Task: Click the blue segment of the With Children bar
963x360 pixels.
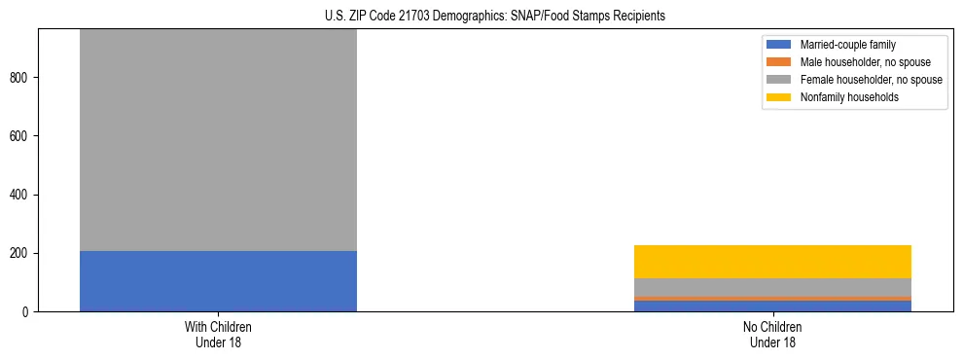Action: [x=218, y=281]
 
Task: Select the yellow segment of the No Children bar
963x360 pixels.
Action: [x=772, y=262]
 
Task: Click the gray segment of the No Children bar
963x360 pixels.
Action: [x=772, y=287]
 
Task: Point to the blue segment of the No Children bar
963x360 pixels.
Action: [x=772, y=306]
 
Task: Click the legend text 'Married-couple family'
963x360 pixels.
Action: [x=847, y=45]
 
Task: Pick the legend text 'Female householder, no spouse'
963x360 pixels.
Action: [x=871, y=80]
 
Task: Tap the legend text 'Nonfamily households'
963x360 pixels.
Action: [x=849, y=97]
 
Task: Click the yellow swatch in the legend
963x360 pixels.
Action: [x=779, y=97]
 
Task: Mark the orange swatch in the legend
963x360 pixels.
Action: [x=779, y=62]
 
